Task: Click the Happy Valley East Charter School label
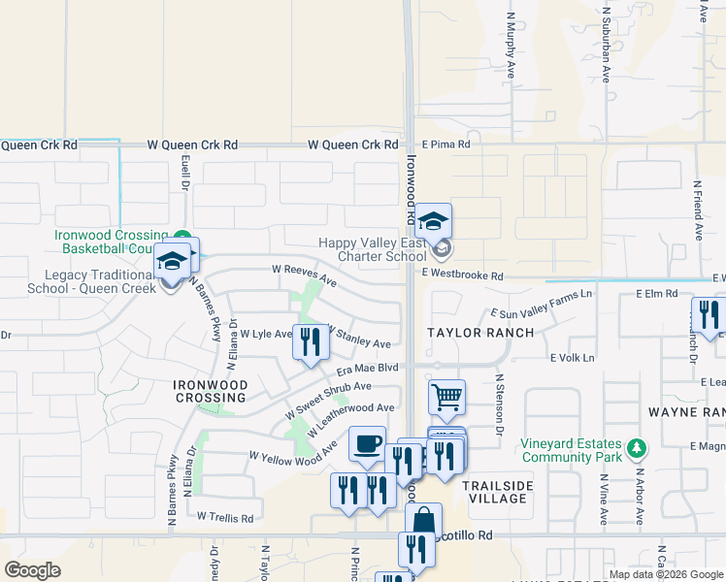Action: tap(374, 250)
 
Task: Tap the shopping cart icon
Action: tap(446, 396)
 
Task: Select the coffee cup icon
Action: tap(367, 444)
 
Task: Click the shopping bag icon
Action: tap(423, 520)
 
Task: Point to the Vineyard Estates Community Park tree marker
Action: tap(636, 448)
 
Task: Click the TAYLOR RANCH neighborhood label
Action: tap(481, 333)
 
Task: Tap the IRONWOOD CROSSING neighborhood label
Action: tap(210, 392)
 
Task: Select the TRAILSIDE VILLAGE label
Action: tap(494, 492)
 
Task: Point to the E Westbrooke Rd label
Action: tap(462, 276)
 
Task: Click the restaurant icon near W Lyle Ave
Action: tap(311, 341)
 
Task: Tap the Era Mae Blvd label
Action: tap(368, 369)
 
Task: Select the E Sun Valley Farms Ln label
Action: tap(541, 303)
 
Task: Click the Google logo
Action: tap(32, 569)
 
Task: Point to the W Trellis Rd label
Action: tap(225, 517)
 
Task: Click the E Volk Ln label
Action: tap(572, 358)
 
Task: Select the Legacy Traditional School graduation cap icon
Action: tap(172, 262)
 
